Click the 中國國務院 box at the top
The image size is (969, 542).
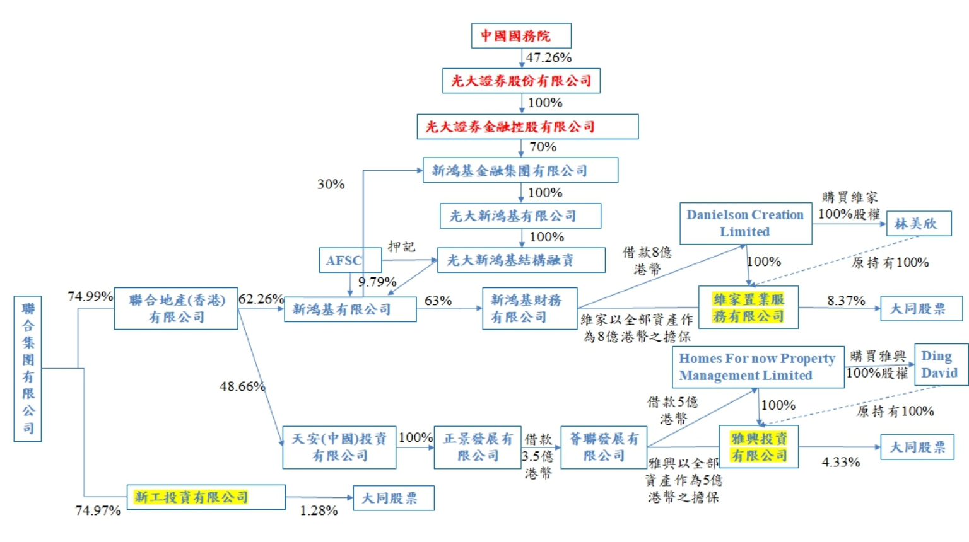click(x=521, y=36)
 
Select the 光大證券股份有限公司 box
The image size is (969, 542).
click(x=521, y=81)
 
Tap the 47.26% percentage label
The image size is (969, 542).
click(x=549, y=58)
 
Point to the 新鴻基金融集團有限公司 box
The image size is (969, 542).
click(x=520, y=170)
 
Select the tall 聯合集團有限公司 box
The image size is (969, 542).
click(x=28, y=369)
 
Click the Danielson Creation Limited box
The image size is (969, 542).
click(x=745, y=223)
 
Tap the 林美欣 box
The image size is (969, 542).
click(x=918, y=224)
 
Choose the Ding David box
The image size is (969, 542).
click(x=940, y=364)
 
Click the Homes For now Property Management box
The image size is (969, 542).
click(x=757, y=367)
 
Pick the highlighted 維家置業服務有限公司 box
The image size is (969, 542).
click(x=748, y=308)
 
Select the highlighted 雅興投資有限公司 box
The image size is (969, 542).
click(x=758, y=447)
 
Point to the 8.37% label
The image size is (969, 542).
click(x=846, y=301)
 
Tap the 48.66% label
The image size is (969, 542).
click(x=242, y=386)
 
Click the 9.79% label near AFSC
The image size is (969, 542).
click(x=377, y=282)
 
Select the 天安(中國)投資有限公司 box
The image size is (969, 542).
click(x=339, y=447)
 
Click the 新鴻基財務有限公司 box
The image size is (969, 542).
click(x=529, y=308)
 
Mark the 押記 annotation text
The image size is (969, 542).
click(x=401, y=246)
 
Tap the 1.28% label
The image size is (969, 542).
click(x=319, y=510)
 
